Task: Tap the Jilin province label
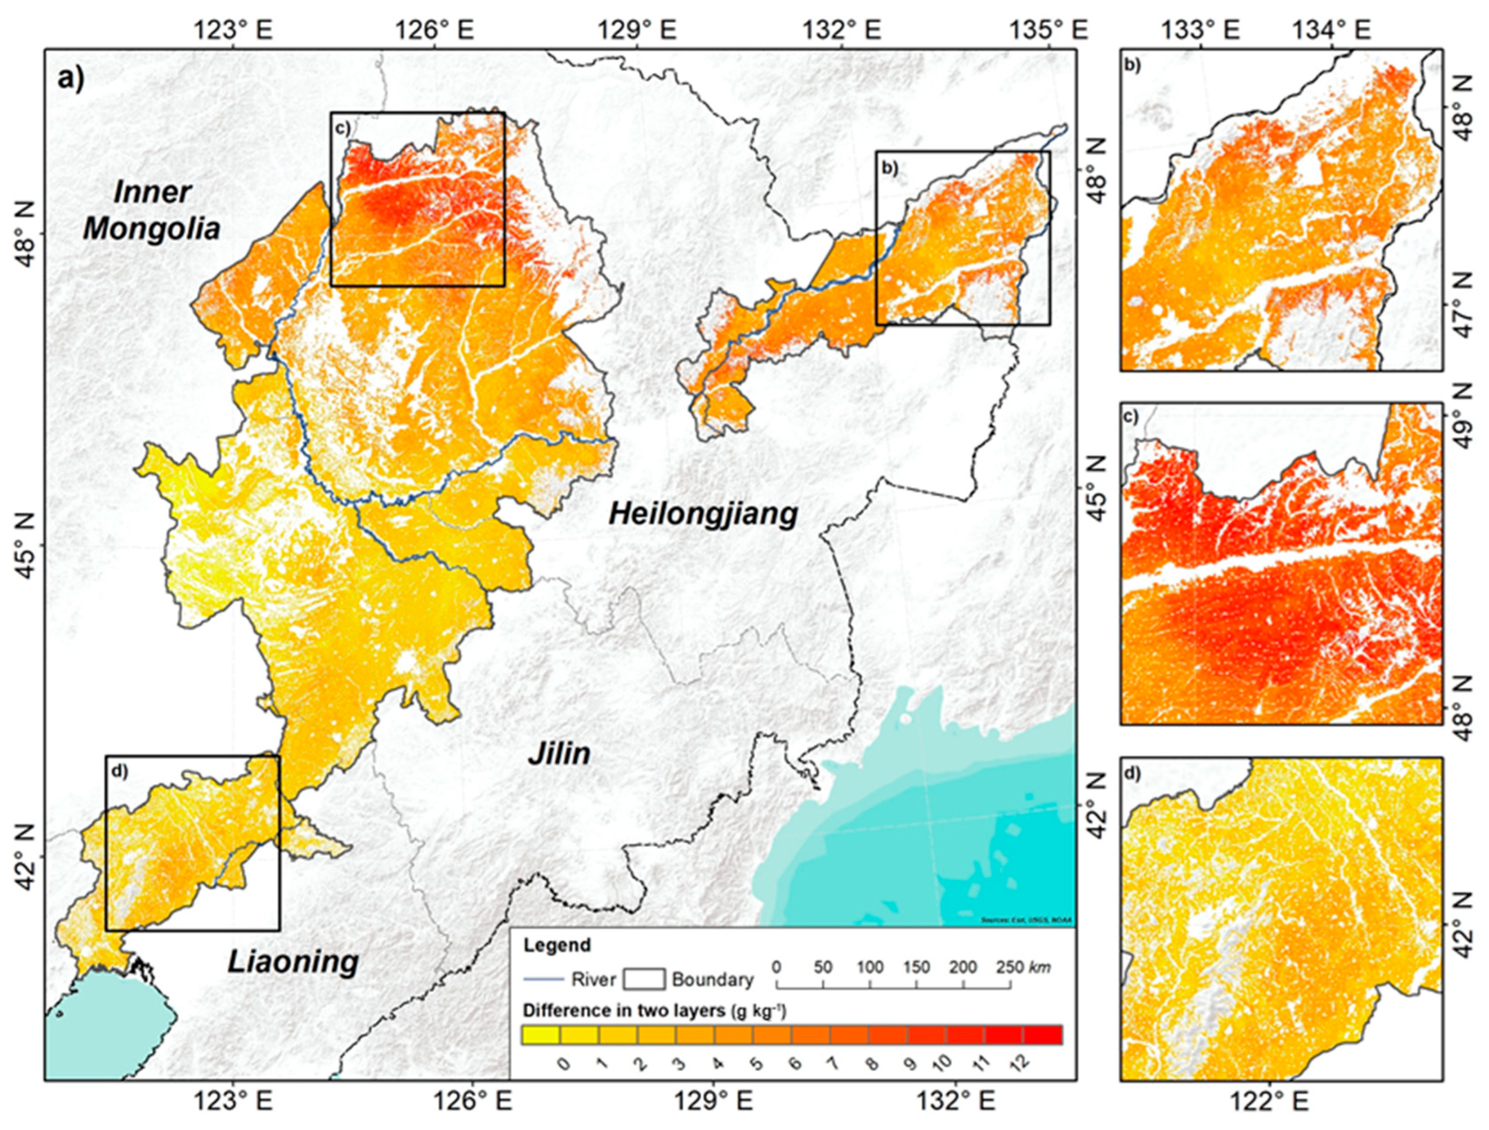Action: click(559, 754)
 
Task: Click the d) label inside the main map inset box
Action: click(120, 771)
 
